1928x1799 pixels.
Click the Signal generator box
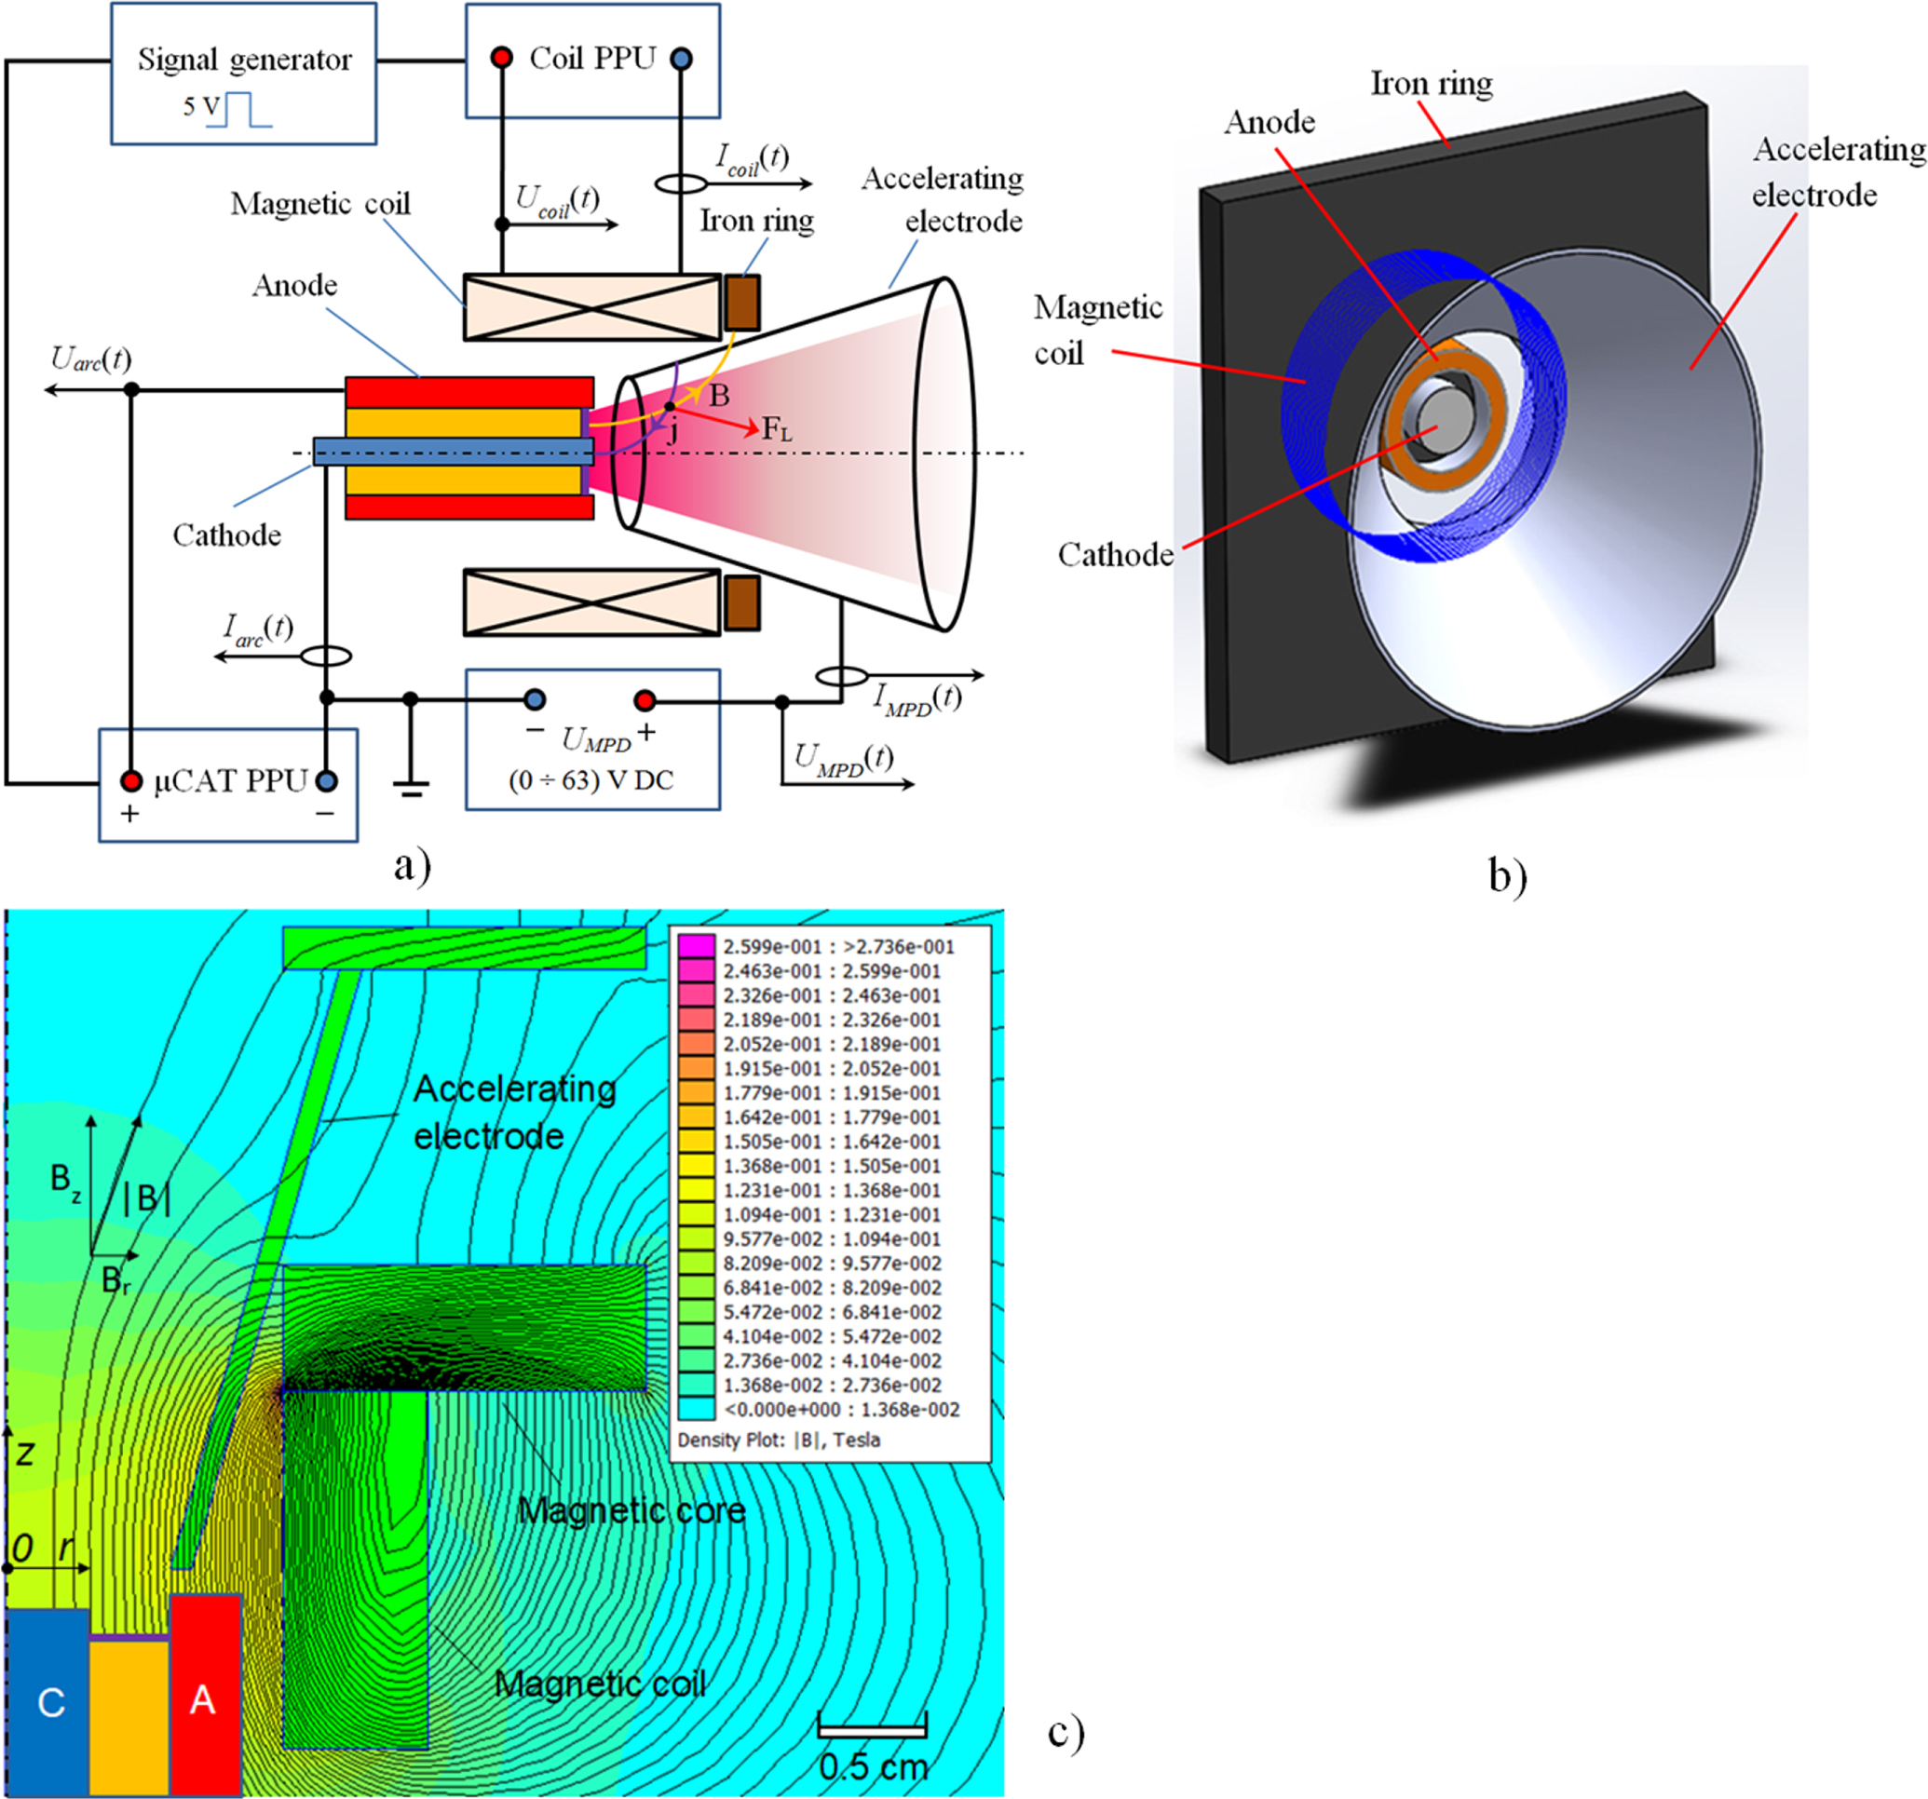point(243,73)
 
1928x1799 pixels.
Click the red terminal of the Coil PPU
point(501,58)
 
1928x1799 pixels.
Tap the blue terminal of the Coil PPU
point(682,58)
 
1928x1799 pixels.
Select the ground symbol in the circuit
point(411,787)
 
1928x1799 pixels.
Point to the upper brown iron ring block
point(742,303)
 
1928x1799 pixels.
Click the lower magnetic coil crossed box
point(591,602)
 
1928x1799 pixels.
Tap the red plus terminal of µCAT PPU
point(131,780)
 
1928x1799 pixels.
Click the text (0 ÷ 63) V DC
point(591,779)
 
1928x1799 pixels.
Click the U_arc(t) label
point(90,359)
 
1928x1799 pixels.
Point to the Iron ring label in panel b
point(1431,85)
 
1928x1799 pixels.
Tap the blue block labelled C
point(48,1702)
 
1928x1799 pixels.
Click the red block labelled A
point(205,1698)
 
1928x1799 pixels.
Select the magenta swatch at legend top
point(696,945)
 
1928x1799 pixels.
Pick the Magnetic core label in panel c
point(631,1510)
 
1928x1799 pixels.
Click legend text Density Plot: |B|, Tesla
point(778,1440)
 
